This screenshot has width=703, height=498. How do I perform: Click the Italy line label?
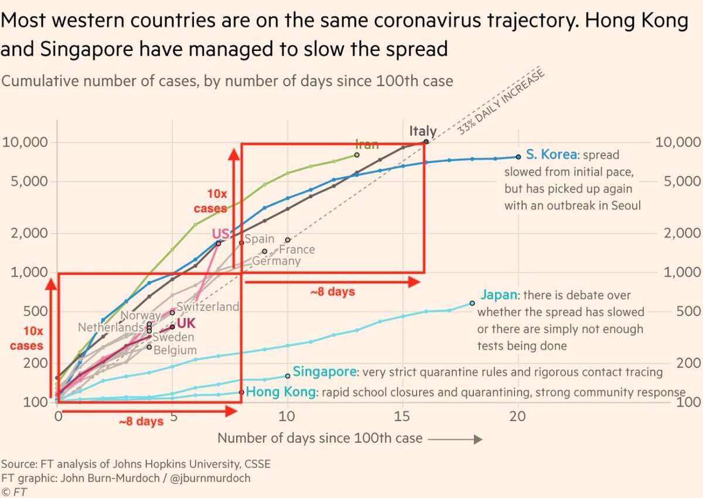(422, 131)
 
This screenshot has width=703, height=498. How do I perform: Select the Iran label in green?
(367, 144)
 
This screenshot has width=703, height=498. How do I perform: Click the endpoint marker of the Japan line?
(472, 303)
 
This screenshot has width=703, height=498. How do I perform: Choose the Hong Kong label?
(279, 392)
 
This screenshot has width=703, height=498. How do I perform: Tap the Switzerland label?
(207, 306)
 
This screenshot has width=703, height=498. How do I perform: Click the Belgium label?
(175, 350)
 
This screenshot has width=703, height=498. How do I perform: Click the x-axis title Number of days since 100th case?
(319, 438)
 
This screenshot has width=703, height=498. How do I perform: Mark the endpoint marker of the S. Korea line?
(518, 156)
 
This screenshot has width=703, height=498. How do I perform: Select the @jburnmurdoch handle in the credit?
(209, 477)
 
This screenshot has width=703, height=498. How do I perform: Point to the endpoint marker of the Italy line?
(426, 141)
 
